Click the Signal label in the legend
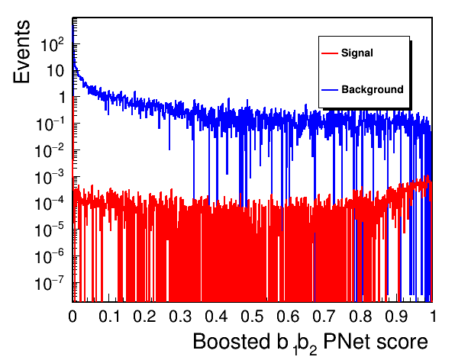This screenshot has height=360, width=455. click(x=357, y=53)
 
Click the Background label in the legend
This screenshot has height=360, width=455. click(x=373, y=89)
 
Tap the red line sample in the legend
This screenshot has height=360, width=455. click(x=330, y=53)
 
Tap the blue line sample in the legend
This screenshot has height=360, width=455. click(x=330, y=90)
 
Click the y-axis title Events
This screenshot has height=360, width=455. click(x=21, y=52)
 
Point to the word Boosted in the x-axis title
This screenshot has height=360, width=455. click(x=231, y=342)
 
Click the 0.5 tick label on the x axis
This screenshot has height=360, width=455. click(x=252, y=316)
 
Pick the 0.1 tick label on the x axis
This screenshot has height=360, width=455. click(x=109, y=316)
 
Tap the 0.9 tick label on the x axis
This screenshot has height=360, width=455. click(x=396, y=316)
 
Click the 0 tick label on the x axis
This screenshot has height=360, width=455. click(x=73, y=316)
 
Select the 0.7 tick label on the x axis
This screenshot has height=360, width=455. click(x=324, y=316)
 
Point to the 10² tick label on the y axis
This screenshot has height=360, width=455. click(x=52, y=44)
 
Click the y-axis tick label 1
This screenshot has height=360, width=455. click(x=62, y=98)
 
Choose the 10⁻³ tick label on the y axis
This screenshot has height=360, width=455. click(x=50, y=177)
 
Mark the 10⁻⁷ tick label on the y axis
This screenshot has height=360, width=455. click(x=50, y=283)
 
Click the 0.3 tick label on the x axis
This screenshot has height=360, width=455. click(x=180, y=316)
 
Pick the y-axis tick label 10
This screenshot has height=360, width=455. click(x=55, y=71)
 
